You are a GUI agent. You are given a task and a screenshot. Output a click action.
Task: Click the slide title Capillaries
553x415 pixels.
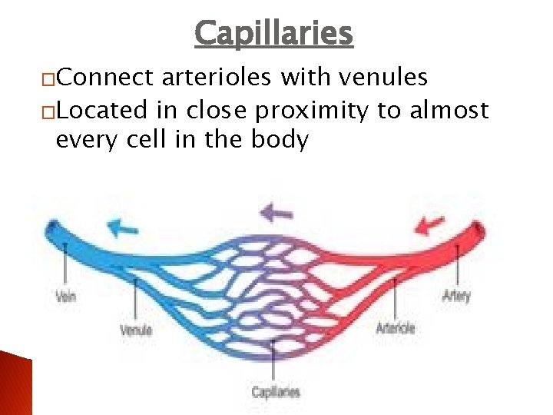click(273, 33)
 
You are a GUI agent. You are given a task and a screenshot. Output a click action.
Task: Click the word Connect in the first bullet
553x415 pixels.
click(107, 78)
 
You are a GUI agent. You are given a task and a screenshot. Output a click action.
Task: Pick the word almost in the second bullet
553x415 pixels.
click(450, 111)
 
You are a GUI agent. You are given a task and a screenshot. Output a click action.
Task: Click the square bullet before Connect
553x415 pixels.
click(48, 79)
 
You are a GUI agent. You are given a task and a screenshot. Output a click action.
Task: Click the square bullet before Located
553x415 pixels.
click(48, 112)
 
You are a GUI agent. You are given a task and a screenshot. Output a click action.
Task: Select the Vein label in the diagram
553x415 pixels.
click(65, 296)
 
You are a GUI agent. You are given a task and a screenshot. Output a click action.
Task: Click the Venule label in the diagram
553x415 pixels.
click(136, 330)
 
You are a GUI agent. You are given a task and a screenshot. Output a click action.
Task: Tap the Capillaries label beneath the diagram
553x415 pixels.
click(276, 392)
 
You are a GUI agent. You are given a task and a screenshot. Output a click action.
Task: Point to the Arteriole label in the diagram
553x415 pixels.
click(395, 328)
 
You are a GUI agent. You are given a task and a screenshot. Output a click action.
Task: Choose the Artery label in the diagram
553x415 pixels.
click(456, 295)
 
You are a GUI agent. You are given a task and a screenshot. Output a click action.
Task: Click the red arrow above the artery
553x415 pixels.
click(430, 224)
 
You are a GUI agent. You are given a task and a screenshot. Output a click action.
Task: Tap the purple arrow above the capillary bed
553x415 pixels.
click(276, 211)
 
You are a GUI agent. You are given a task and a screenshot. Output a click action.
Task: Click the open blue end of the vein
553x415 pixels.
click(53, 228)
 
